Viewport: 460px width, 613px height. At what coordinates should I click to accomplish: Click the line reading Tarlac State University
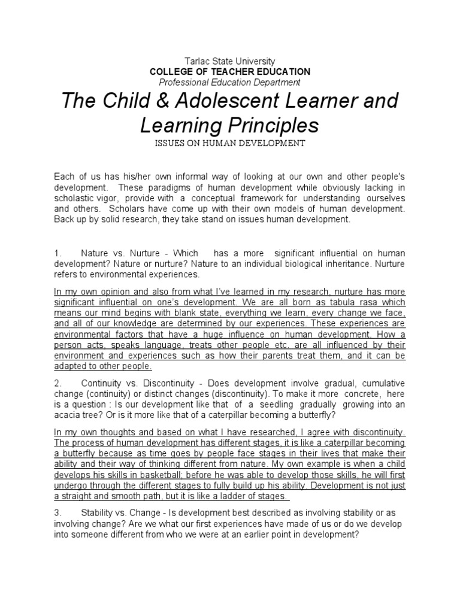click(230, 61)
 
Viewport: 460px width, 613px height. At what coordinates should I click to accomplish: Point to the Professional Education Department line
click(230, 82)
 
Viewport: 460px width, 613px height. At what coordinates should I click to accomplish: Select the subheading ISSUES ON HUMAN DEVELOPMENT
click(230, 143)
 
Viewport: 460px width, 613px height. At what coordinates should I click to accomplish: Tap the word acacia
click(66, 415)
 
